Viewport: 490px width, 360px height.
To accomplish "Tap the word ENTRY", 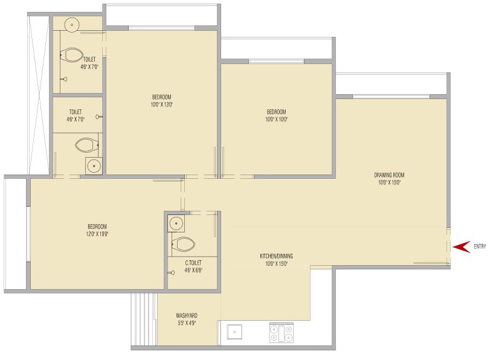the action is [x=480, y=246].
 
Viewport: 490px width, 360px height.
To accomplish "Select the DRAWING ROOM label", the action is [x=389, y=175].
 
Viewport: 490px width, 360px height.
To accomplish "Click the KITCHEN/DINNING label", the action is [x=277, y=256].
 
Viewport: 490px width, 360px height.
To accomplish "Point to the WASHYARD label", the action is [x=187, y=316].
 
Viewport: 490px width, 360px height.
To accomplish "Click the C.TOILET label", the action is [x=193, y=263].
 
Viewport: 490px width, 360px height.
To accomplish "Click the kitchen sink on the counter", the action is [x=234, y=332].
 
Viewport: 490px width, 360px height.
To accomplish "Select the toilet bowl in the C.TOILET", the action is [x=184, y=245].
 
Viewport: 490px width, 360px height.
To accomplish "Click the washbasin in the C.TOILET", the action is [x=176, y=223].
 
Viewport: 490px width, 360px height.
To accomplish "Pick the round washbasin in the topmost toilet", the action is [x=72, y=25].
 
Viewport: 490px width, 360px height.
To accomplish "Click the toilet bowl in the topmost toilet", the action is [x=71, y=56].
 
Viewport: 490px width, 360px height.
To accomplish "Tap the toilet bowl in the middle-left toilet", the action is [x=87, y=145].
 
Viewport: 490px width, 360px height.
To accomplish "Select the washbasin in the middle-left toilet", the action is [x=94, y=166].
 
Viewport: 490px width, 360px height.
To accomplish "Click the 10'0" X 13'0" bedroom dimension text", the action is [x=162, y=104].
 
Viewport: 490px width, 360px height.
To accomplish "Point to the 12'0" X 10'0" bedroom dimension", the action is [x=97, y=234].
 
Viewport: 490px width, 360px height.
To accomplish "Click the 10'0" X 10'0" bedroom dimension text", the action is [x=277, y=119].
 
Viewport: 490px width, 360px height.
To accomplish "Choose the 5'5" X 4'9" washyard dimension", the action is [x=187, y=323].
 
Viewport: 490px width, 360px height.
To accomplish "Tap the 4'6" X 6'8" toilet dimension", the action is [x=193, y=271].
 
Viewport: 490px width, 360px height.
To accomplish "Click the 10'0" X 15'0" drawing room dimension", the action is [x=389, y=182].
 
